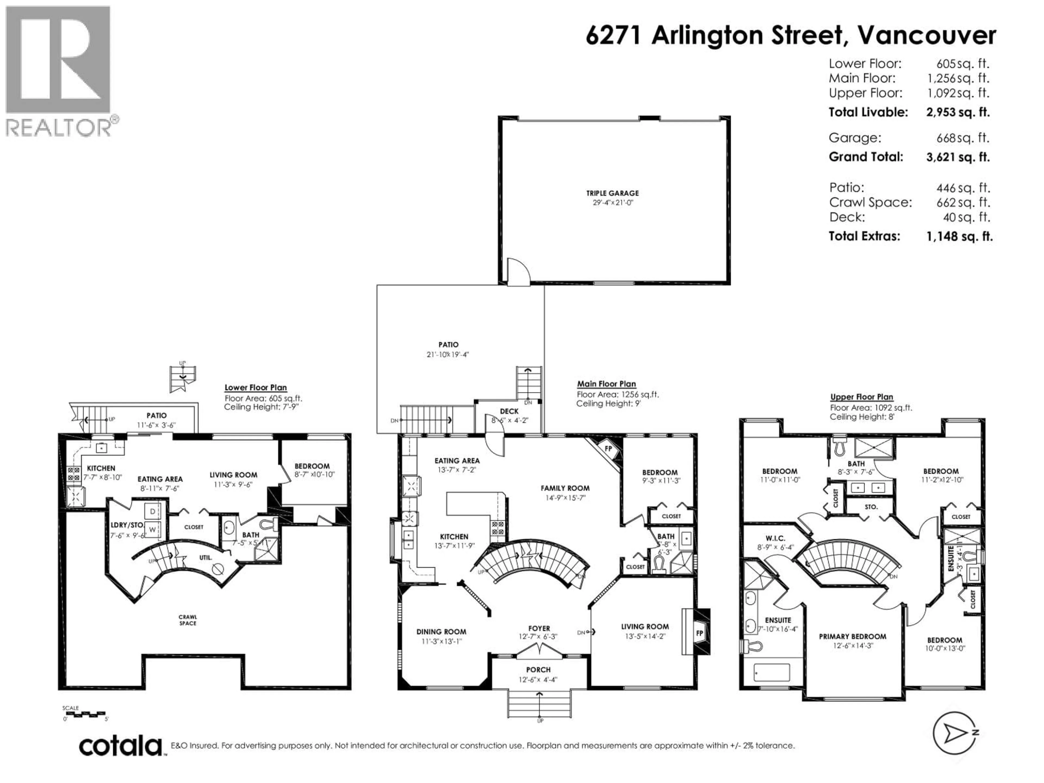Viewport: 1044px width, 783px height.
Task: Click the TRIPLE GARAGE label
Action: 612,193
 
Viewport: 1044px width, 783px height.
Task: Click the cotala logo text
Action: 120,746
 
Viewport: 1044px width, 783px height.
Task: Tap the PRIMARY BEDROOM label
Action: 852,636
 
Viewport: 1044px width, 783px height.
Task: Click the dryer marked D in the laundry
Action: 153,511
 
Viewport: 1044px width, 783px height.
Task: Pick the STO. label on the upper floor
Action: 871,507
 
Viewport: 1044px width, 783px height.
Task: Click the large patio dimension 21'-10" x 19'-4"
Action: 448,355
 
